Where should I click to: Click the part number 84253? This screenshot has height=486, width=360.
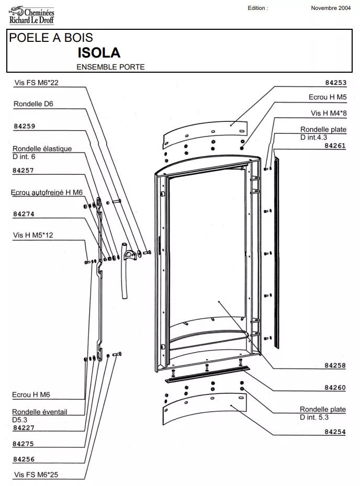tap(335, 83)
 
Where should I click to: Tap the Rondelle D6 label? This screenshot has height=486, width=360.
tap(33, 104)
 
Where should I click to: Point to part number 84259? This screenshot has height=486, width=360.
tap(24, 126)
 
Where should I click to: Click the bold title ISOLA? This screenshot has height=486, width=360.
tap(99, 53)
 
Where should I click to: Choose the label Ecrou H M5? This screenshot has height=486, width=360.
tap(328, 97)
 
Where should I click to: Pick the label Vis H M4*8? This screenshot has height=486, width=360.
tap(328, 113)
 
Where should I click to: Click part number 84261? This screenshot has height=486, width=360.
tap(335, 146)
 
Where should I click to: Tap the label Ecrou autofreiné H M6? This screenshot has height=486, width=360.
tap(47, 193)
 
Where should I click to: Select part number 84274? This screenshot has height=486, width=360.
tap(24, 214)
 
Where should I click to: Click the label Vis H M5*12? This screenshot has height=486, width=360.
tap(33, 235)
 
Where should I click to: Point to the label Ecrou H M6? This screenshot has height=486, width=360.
tap(31, 395)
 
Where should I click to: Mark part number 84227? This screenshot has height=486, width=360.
tap(24, 427)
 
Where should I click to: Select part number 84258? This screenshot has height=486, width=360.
tap(335, 366)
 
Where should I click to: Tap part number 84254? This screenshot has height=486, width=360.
tap(335, 432)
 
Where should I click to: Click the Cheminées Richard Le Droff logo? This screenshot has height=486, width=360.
tap(31, 15)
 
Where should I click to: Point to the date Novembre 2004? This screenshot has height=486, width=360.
tap(331, 8)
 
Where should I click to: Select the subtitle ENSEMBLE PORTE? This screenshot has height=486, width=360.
tap(110, 67)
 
